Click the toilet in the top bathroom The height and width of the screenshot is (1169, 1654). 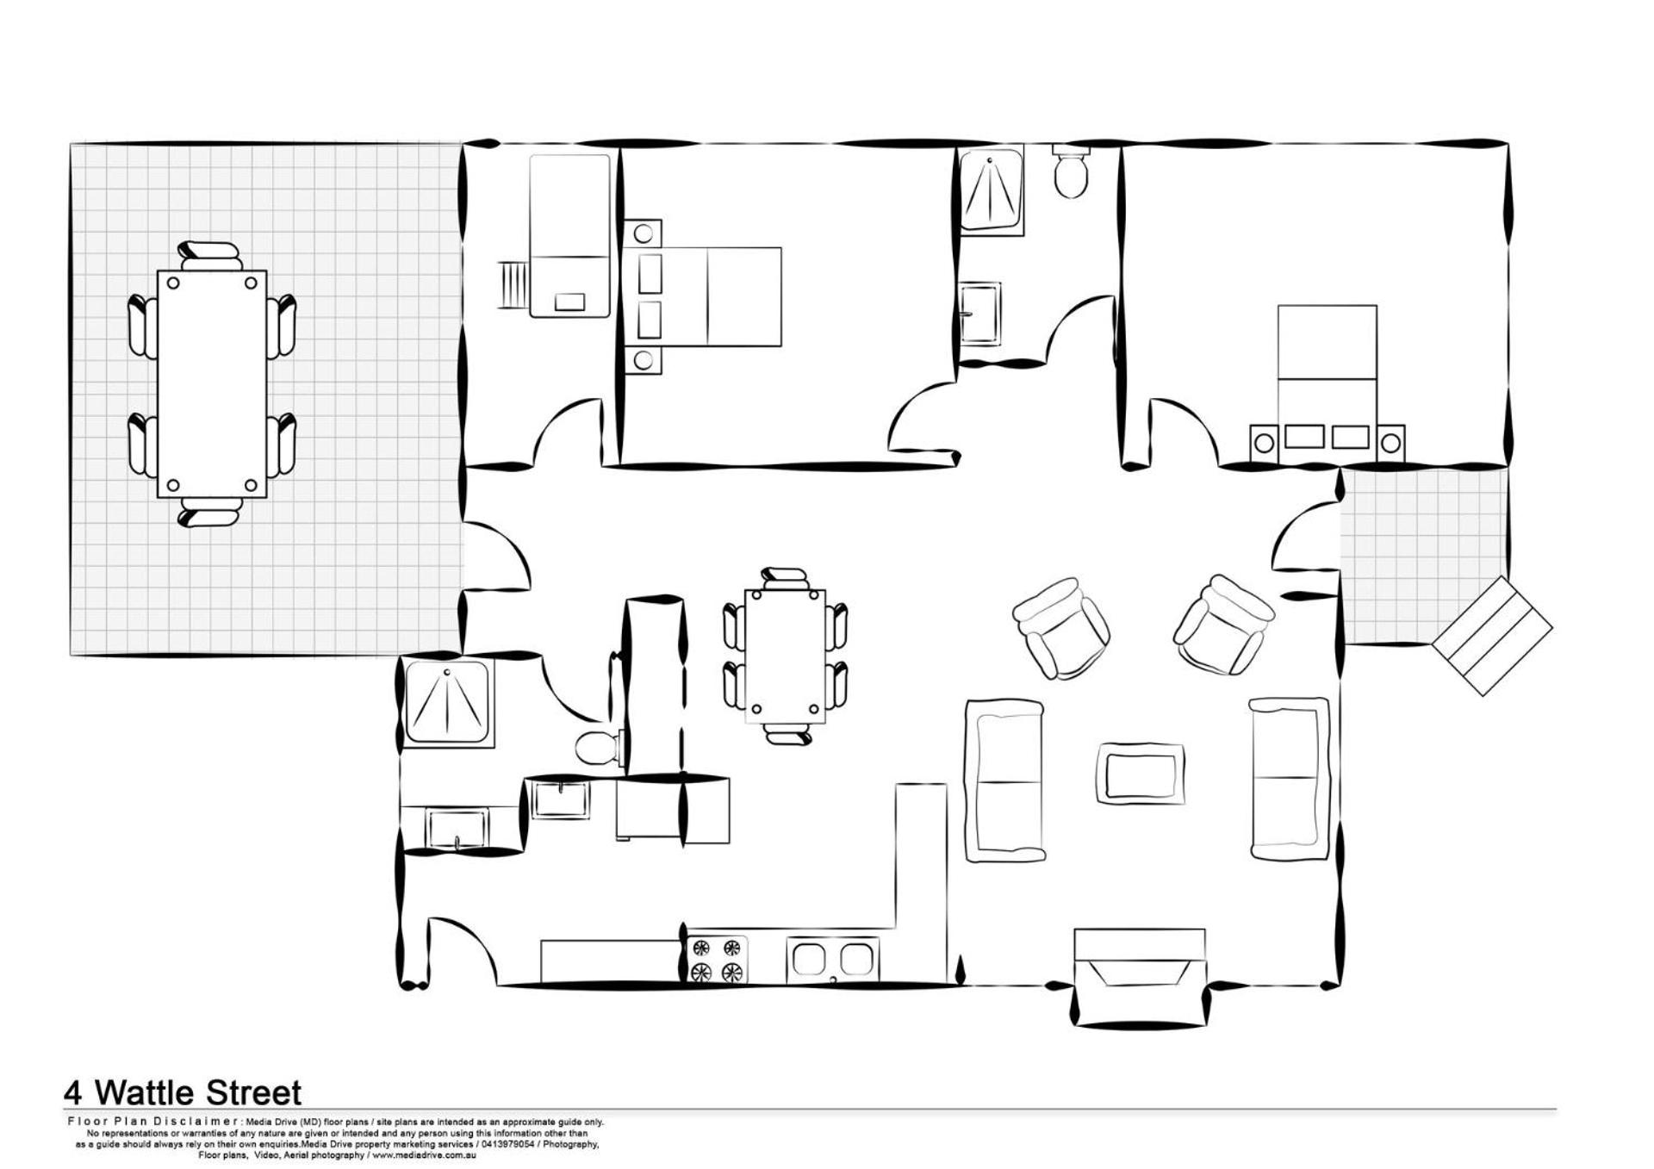tap(1071, 171)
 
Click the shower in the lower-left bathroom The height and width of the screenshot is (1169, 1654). tap(448, 703)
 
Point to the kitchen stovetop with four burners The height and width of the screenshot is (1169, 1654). tap(718, 960)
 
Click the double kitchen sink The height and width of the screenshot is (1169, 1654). tap(833, 959)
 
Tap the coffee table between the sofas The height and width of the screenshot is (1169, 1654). tap(1140, 773)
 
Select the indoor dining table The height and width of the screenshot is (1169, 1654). tap(785, 656)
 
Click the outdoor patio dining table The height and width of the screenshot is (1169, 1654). tap(212, 384)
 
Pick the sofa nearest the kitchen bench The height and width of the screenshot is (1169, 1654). tap(1005, 780)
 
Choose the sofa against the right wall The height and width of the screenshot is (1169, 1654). tap(1289, 779)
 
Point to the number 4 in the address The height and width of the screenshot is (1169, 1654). tap(74, 1094)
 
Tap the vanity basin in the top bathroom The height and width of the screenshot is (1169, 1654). tap(980, 314)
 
